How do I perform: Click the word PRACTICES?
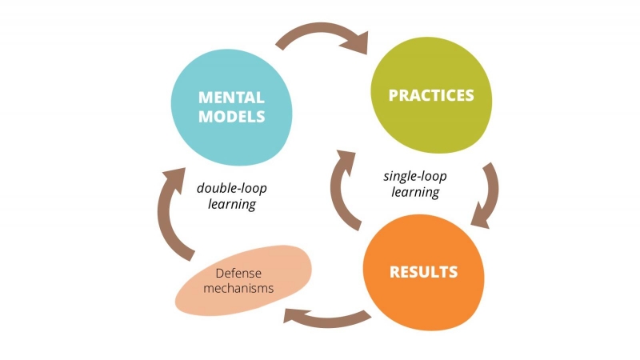430,96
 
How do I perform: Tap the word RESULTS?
423,271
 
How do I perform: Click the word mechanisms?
238,289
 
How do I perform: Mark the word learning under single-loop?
415,192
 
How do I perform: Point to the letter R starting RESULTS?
394,271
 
